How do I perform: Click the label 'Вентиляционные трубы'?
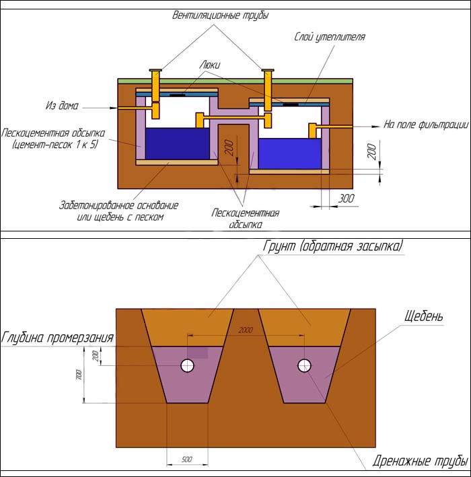[220, 15]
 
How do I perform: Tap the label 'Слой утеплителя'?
[330, 37]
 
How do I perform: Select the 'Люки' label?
[210, 65]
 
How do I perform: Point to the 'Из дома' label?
[62, 106]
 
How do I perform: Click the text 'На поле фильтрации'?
[426, 124]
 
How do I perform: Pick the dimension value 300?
[346, 198]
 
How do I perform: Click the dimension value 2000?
[246, 330]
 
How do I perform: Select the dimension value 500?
[186, 460]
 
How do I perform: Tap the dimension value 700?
[79, 375]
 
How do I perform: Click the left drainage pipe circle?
[188, 365]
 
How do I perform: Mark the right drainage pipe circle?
[304, 365]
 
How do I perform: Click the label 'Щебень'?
[423, 316]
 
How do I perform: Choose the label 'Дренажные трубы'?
[420, 461]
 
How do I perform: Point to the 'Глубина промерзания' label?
[57, 337]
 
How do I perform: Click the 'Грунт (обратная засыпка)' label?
[333, 246]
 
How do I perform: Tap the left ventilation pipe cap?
[155, 71]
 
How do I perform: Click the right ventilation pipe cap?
[268, 71]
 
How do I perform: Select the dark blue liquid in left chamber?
[178, 143]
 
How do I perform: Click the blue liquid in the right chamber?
[289, 153]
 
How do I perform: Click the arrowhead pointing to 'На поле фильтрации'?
[376, 126]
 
